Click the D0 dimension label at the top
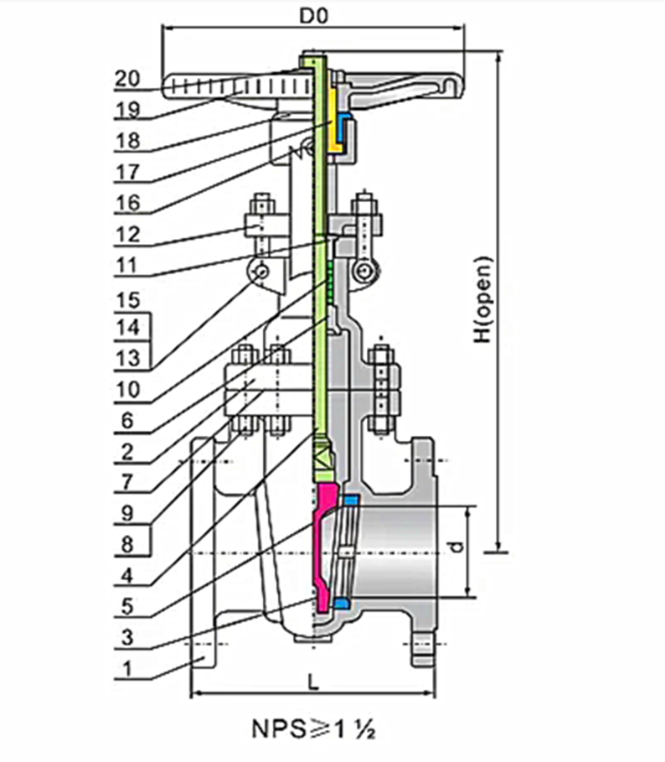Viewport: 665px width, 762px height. [x=313, y=14]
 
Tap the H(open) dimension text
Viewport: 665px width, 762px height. [x=484, y=298]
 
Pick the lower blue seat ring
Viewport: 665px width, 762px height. [x=340, y=604]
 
